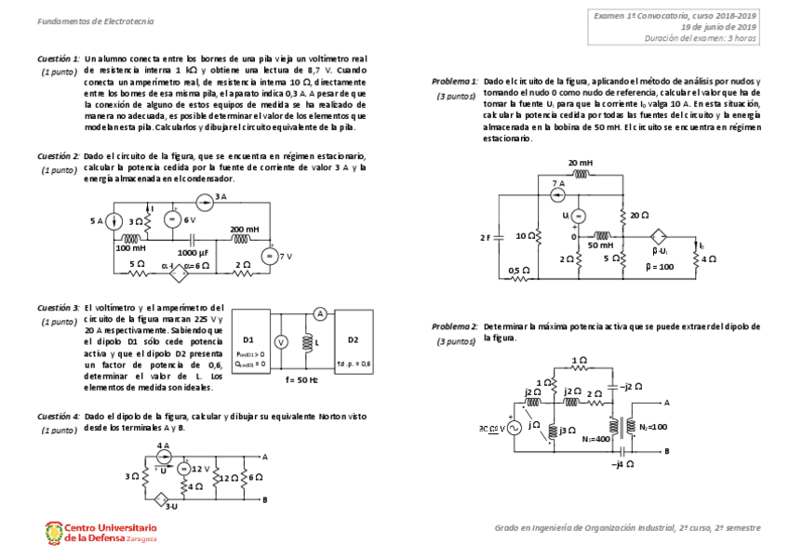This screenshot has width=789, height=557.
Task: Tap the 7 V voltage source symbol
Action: [x=268, y=257]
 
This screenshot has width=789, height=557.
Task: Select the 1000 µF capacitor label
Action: [x=193, y=252]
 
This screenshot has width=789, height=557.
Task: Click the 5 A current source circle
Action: [x=112, y=221]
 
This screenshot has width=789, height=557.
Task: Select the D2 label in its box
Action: [x=354, y=338]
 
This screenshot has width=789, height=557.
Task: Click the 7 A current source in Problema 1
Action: [x=556, y=194]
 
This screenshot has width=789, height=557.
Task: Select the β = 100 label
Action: [x=662, y=266]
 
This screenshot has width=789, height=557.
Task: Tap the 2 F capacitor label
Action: [x=486, y=237]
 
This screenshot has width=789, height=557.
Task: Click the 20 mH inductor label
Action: [x=581, y=163]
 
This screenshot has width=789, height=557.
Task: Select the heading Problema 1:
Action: [x=454, y=82]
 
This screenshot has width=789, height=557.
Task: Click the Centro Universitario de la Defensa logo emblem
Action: [x=53, y=532]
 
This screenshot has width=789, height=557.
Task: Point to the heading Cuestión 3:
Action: [x=58, y=307]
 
